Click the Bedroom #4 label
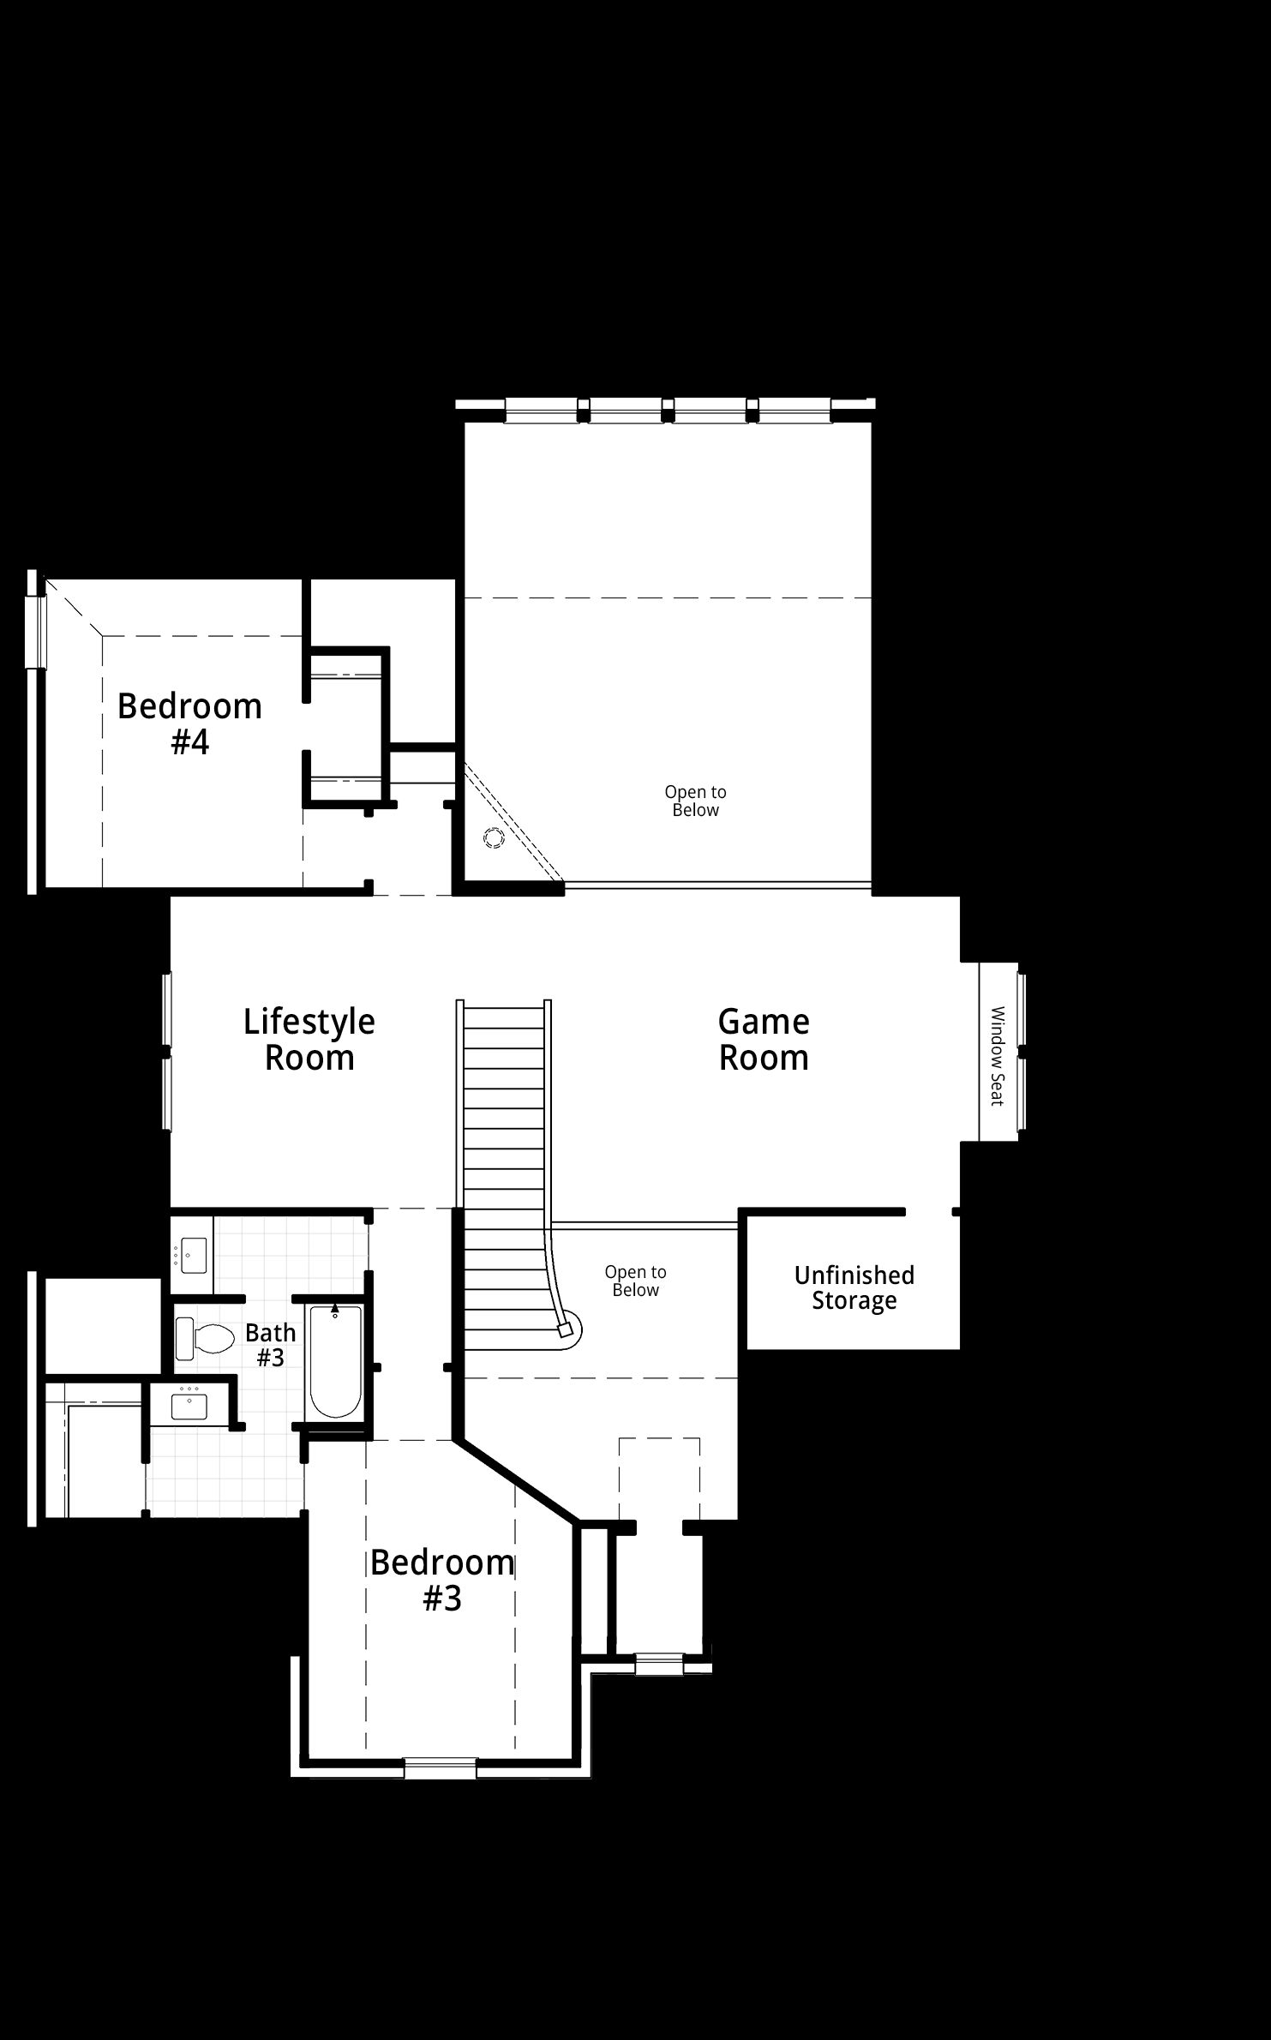(189, 724)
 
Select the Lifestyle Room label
(309, 1040)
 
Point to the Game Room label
(764, 1040)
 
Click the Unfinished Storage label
(854, 1287)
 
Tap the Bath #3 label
(271, 1345)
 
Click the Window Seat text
(998, 1056)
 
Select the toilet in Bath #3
(206, 1339)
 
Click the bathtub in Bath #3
(335, 1361)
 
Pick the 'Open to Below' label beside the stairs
(636, 1281)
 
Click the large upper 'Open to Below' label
(696, 801)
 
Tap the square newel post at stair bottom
(564, 1330)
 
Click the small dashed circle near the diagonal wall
(494, 838)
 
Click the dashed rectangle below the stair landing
(659, 1479)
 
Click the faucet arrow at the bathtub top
(335, 1309)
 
